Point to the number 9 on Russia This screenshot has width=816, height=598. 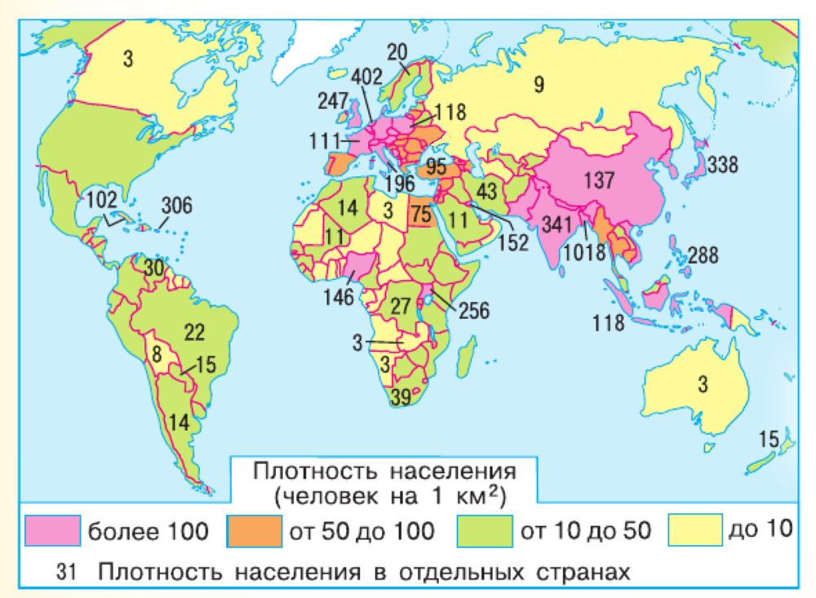[539, 83]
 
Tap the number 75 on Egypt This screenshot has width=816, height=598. [420, 215]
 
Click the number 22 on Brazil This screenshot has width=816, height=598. [194, 332]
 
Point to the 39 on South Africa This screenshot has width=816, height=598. [401, 397]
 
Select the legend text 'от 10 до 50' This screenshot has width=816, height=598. [585, 531]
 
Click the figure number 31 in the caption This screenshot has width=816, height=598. [68, 571]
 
